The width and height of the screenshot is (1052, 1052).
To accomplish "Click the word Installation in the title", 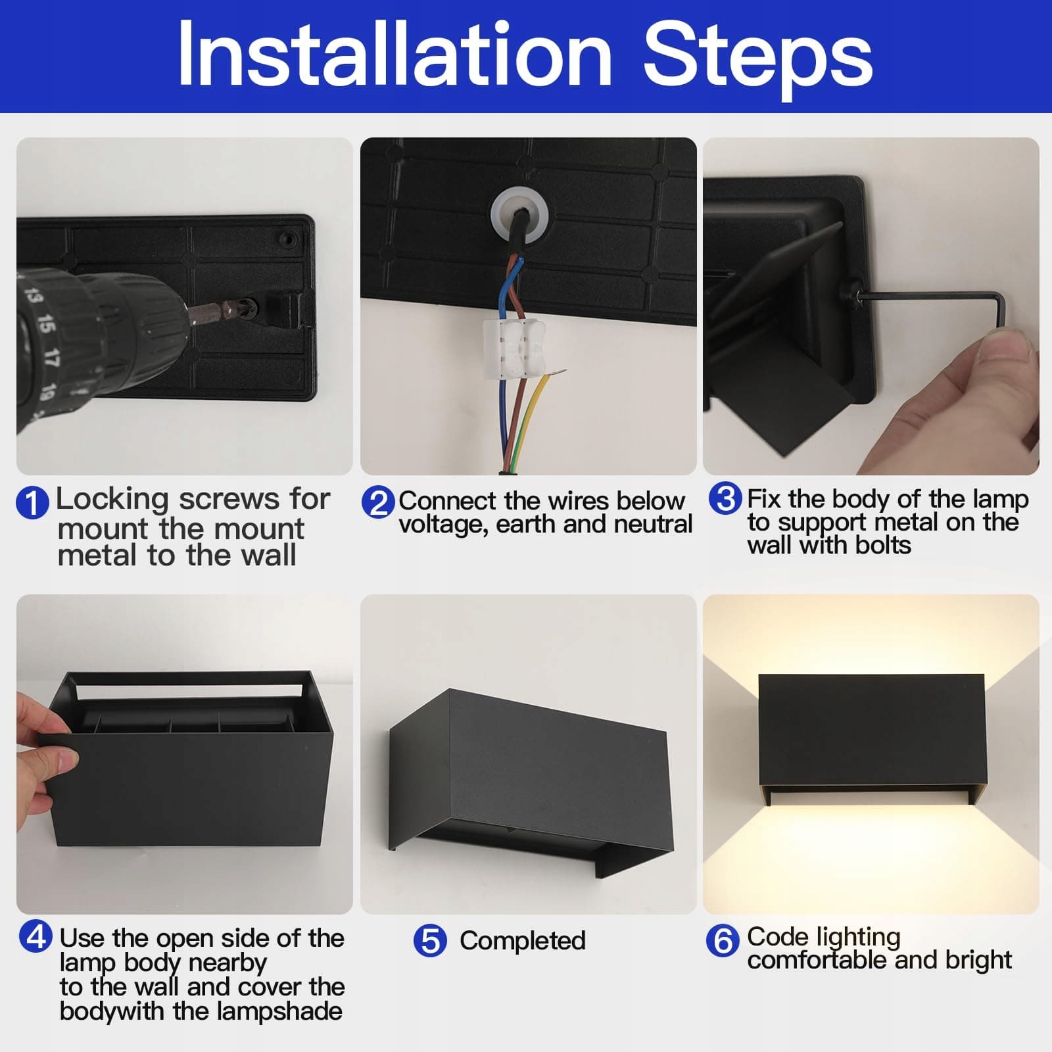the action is click(x=394, y=54).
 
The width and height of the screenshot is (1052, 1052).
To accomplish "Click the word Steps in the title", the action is click(x=758, y=59).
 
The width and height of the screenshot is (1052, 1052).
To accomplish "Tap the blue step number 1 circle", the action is click(x=32, y=503).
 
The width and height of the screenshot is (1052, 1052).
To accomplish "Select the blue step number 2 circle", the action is click(x=378, y=503).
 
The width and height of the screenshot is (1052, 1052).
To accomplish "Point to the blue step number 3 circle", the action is click(x=725, y=498).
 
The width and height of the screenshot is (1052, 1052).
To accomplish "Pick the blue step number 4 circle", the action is click(x=36, y=936).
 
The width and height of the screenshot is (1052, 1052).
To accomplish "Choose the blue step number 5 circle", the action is click(x=430, y=940).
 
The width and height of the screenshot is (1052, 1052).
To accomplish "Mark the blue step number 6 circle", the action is click(x=723, y=940).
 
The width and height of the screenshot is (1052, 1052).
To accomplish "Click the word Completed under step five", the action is click(x=523, y=940).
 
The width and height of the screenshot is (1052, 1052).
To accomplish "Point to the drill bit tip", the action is click(x=249, y=306).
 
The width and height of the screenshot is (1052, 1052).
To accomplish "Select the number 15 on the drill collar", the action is click(x=45, y=323).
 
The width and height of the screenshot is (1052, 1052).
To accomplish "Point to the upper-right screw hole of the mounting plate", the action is click(x=287, y=238).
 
